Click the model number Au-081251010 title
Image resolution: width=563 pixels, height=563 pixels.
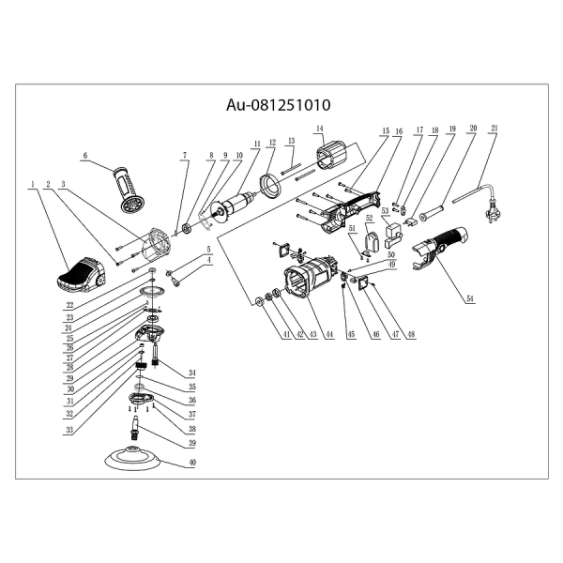(281, 107)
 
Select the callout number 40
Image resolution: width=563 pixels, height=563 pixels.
(193, 464)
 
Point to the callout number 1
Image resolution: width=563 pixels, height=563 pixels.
(32, 184)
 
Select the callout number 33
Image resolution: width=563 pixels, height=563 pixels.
(69, 431)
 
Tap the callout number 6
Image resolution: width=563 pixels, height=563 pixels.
(84, 156)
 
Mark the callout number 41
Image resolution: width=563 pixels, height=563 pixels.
(258, 334)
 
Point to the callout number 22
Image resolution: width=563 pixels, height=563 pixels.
(69, 306)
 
